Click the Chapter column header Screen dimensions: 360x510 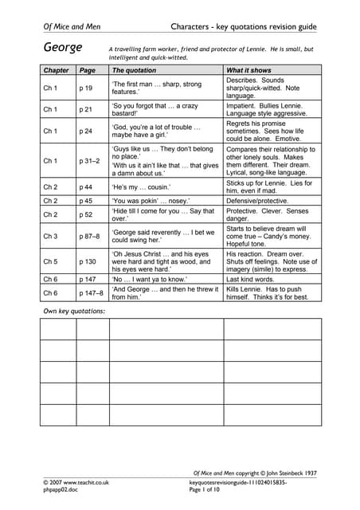(x=56, y=70)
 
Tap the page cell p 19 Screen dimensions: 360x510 (x=86, y=88)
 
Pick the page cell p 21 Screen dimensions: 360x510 (x=86, y=109)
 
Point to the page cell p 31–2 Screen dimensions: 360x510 (x=89, y=160)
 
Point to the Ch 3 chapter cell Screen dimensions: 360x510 (x=50, y=237)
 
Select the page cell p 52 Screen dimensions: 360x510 (x=86, y=215)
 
